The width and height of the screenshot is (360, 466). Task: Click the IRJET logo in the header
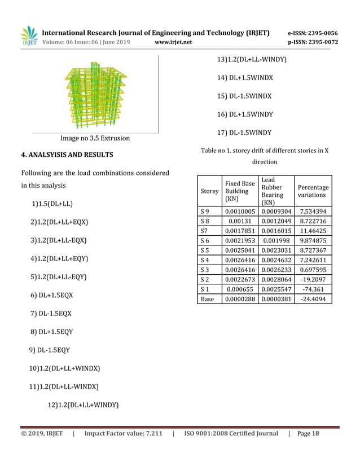(x=29, y=36)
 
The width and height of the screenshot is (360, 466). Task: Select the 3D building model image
(x=95, y=94)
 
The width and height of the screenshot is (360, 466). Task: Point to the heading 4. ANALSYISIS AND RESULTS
(x=67, y=155)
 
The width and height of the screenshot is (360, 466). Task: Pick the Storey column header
(x=209, y=191)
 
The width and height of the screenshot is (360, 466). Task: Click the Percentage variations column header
(x=313, y=191)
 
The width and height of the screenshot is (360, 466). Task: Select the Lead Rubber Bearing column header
(x=275, y=191)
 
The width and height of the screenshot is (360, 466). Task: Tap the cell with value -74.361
(x=313, y=289)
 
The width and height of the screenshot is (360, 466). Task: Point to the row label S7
(x=205, y=231)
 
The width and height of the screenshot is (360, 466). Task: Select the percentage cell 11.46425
(x=313, y=231)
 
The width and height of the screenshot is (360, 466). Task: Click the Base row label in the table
(x=207, y=300)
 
